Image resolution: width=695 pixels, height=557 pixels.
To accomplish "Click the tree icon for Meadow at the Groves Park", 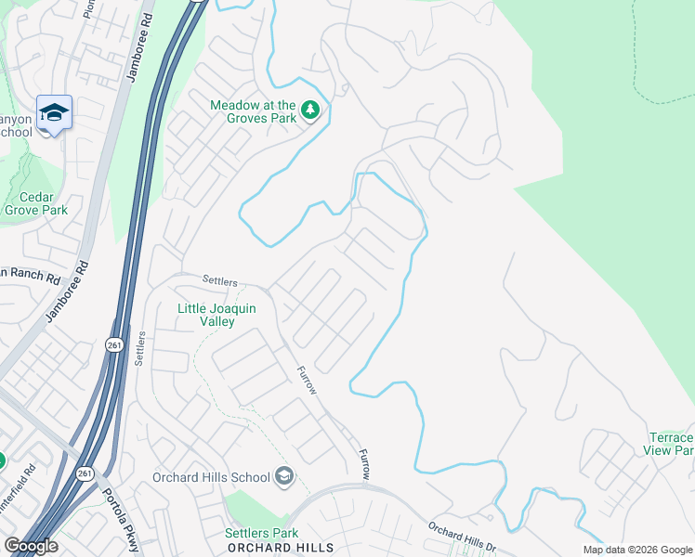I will click(310, 112).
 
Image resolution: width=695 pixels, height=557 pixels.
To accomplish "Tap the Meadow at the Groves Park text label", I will click(253, 111).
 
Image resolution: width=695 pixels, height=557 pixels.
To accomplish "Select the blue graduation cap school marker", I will click(54, 113).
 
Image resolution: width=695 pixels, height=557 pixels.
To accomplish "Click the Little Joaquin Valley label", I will click(206, 314).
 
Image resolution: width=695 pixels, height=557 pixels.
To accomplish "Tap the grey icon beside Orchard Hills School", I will click(284, 477).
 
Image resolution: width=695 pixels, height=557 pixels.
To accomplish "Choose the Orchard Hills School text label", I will click(211, 478).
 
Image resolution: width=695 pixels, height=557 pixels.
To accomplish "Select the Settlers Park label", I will click(261, 533).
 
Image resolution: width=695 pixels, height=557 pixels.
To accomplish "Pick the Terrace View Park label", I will click(671, 444).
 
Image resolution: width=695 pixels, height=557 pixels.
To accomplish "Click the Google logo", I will click(31, 546).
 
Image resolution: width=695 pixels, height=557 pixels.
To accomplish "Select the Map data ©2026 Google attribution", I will click(637, 550).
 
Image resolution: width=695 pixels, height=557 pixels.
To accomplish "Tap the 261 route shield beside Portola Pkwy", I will click(85, 473).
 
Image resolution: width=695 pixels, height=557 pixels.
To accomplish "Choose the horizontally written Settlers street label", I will click(220, 280).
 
